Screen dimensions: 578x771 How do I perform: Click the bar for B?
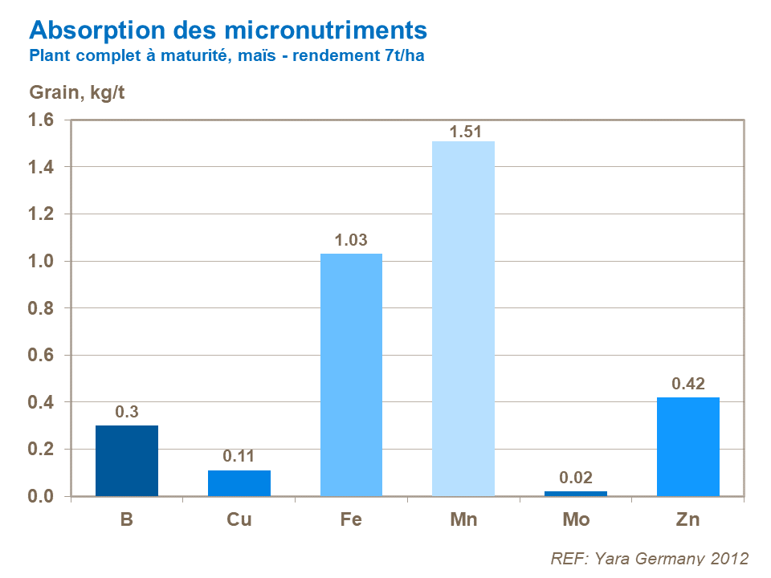click(x=127, y=461)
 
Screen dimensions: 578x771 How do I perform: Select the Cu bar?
click(x=239, y=483)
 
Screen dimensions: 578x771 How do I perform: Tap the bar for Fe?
click(x=351, y=375)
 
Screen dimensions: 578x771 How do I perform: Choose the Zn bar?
click(x=687, y=446)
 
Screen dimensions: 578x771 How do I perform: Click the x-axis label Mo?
click(x=576, y=519)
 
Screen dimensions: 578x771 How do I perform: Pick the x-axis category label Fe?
click(x=351, y=519)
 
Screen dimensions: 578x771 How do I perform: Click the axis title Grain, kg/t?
click(x=77, y=92)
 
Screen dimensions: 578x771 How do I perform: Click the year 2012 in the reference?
click(x=728, y=558)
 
